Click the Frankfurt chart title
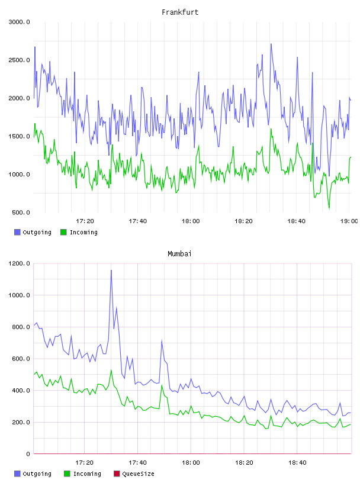coord(180,12)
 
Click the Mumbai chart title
coord(179,254)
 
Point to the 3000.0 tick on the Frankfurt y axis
coord(19,22)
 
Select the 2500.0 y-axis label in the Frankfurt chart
coord(19,60)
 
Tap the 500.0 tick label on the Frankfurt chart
coord(21,212)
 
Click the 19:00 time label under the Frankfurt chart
coord(349,221)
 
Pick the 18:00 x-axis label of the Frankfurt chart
coord(191,221)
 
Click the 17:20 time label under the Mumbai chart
coord(84,463)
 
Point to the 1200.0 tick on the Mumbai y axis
coord(19,263)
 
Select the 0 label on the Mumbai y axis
coord(28,454)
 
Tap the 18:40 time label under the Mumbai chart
coord(297,463)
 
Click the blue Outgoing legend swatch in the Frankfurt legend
coord(17,232)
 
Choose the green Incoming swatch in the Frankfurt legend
coord(63,232)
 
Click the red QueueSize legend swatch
coord(117,474)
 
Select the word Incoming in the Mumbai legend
coord(87,474)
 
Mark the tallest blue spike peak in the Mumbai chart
coord(111,270)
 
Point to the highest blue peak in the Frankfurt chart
coord(271,44)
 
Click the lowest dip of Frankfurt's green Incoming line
coord(329,209)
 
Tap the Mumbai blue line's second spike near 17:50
coord(162,341)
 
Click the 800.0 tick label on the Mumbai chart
coord(21,327)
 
